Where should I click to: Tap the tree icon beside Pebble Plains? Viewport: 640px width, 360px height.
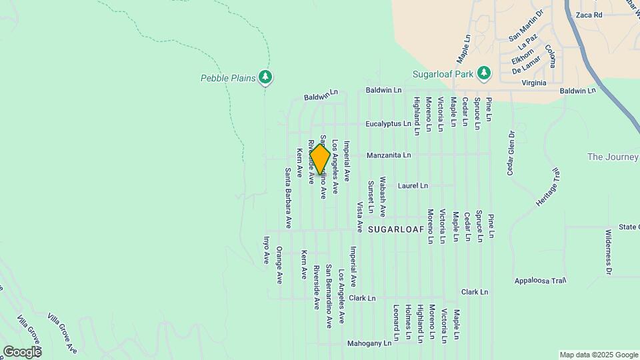click(266, 78)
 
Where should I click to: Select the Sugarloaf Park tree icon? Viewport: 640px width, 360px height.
click(484, 72)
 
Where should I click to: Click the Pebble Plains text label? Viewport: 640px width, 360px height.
click(228, 78)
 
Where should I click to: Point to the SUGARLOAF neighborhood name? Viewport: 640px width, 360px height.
click(396, 229)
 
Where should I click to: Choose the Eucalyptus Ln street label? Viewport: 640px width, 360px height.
click(388, 124)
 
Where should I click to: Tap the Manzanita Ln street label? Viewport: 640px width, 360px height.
click(388, 155)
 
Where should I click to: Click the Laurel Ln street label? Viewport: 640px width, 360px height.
click(413, 185)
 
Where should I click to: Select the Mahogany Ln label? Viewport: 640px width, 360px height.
click(369, 343)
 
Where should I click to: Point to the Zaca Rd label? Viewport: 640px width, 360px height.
click(589, 15)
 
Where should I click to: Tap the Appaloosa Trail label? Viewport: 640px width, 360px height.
click(540, 281)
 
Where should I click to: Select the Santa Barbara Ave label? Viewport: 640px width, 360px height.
click(289, 198)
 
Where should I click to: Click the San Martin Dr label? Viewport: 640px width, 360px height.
click(526, 35)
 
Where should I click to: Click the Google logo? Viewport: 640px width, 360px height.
click(21, 351)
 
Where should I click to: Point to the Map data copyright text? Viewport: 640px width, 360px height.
click(597, 355)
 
